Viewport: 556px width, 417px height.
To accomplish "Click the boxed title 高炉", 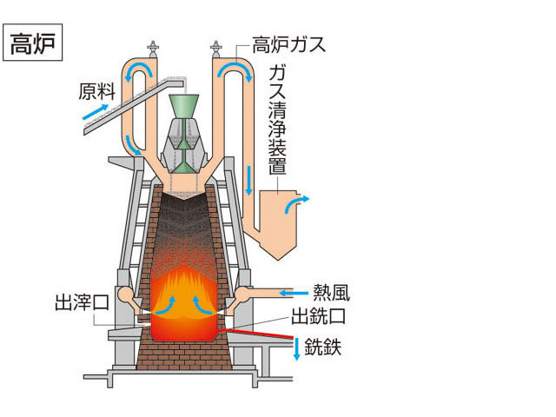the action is [32, 43].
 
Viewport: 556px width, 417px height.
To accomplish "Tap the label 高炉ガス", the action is [288, 44].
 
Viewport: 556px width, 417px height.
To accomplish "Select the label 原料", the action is [96, 91].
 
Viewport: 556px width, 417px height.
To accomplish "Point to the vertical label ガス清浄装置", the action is [277, 120].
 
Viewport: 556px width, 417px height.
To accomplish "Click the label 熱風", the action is [331, 294].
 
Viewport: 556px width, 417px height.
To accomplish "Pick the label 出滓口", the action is [82, 303].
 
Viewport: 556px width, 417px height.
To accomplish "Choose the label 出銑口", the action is [318, 316].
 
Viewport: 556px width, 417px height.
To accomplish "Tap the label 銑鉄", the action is [322, 347].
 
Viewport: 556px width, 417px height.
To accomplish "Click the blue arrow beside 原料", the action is [96, 112].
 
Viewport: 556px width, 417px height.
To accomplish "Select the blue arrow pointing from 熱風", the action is [294, 294].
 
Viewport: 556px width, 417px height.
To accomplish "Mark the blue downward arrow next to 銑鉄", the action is [297, 349].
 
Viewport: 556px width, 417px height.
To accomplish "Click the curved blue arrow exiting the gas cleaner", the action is [296, 203].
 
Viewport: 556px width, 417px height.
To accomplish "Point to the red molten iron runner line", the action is [259, 334].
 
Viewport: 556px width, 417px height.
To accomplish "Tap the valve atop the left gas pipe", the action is [153, 49].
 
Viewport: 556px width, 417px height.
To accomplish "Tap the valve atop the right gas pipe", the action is [215, 49].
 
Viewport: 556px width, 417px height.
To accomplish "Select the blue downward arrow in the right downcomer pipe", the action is [249, 180].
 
